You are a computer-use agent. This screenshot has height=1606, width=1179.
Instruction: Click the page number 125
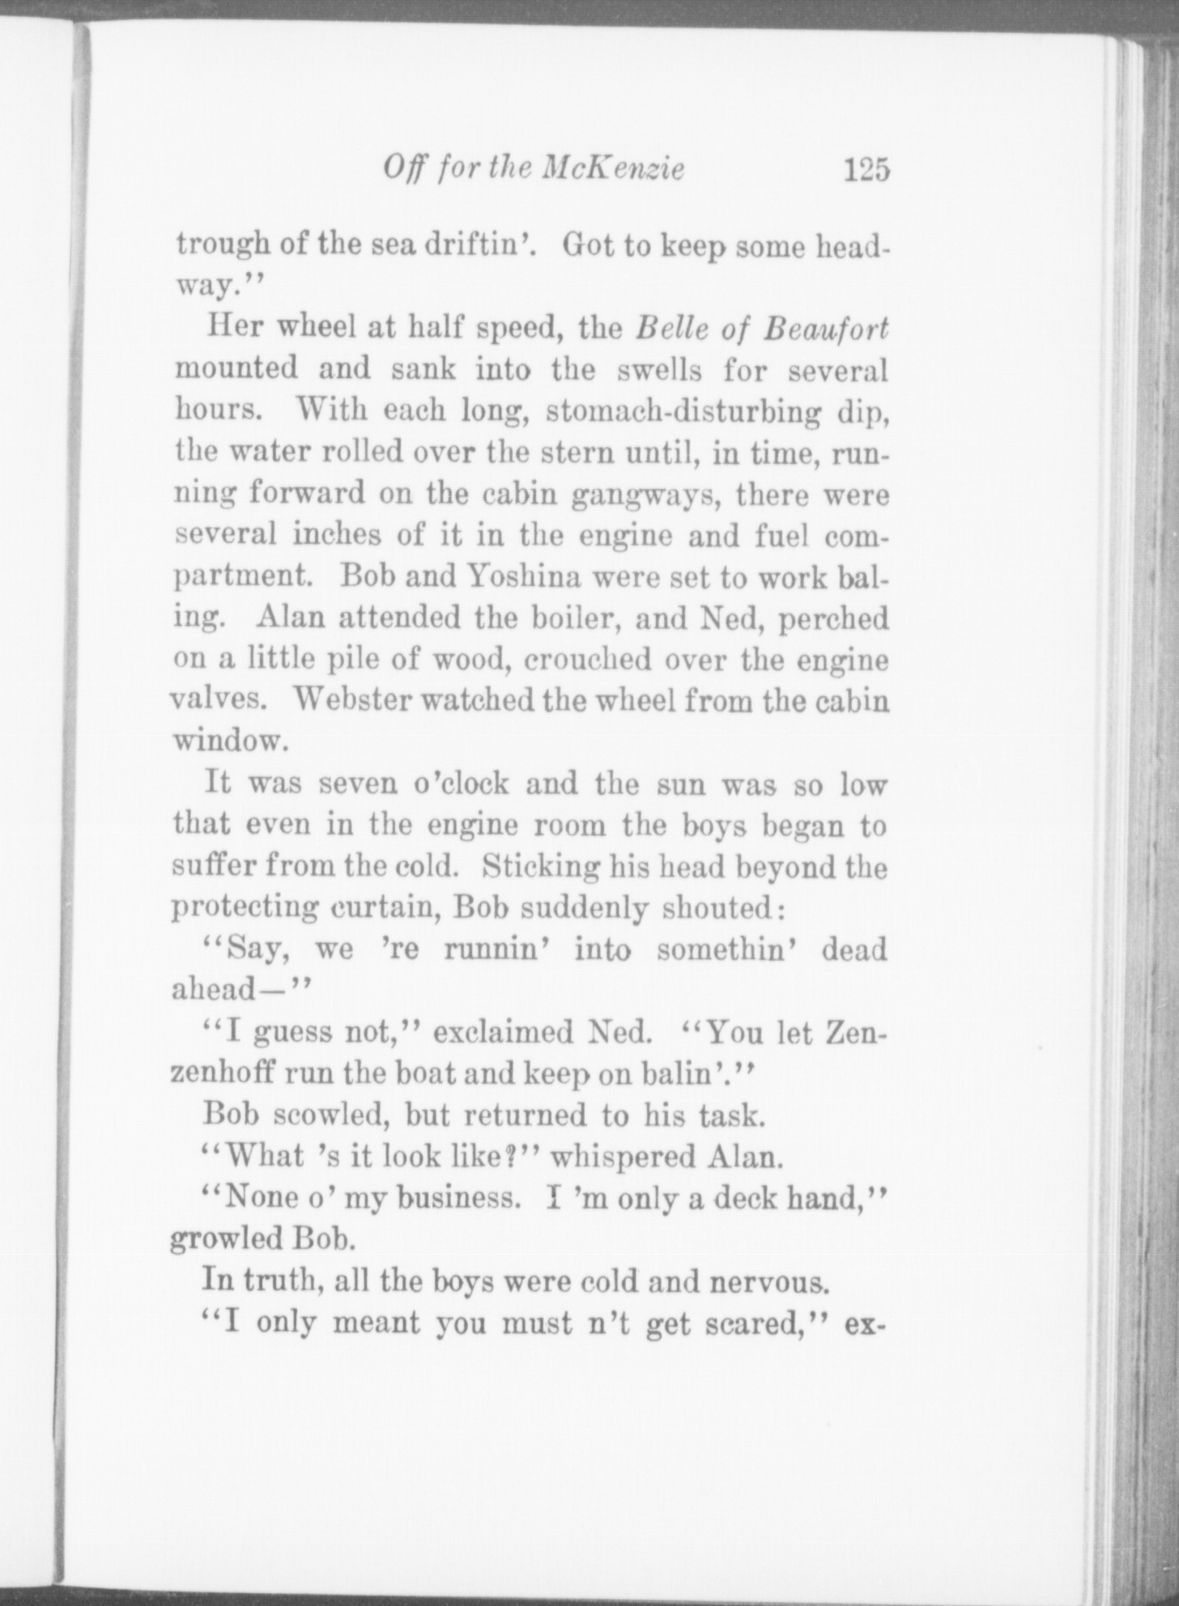pyautogui.click(x=866, y=170)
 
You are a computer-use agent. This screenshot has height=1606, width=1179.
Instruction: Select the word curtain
pyautogui.click(x=380, y=908)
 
